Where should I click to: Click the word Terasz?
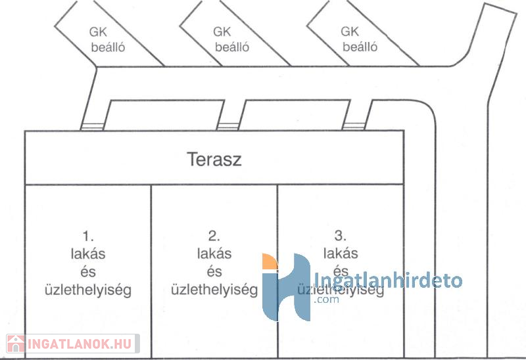coord(214,159)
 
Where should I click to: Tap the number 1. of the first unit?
coord(88,236)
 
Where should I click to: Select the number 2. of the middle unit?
coord(214,236)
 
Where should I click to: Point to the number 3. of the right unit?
coord(340,236)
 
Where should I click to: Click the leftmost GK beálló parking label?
coord(107,39)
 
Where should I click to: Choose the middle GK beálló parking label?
coord(231,39)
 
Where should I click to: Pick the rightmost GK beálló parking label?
coord(359,39)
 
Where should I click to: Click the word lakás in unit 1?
coord(88,254)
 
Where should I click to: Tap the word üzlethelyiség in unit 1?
coord(88,290)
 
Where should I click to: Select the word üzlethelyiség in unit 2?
coord(214,290)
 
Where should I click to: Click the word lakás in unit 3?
coord(341,253)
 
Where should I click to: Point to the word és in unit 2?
coord(214,271)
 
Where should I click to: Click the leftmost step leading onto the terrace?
coord(92,127)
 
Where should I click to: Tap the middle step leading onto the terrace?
coord(228,126)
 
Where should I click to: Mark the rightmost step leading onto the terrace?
coord(354,126)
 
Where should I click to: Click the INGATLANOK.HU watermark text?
coord(79,344)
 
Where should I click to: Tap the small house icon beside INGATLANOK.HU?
coord(16,344)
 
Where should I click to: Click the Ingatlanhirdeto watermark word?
coord(387,281)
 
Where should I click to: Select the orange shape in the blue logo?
coord(270,261)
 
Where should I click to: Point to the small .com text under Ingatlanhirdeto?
coord(326,300)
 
